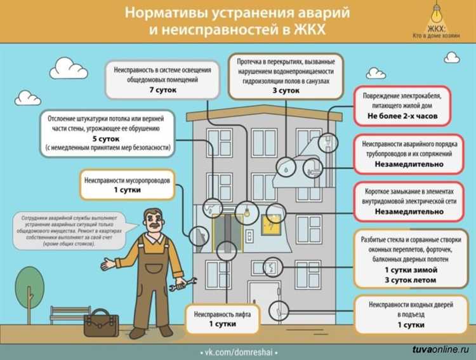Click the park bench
70,314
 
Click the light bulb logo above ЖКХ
436,14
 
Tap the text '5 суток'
107,138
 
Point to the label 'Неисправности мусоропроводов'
127,180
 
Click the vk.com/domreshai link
238,351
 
